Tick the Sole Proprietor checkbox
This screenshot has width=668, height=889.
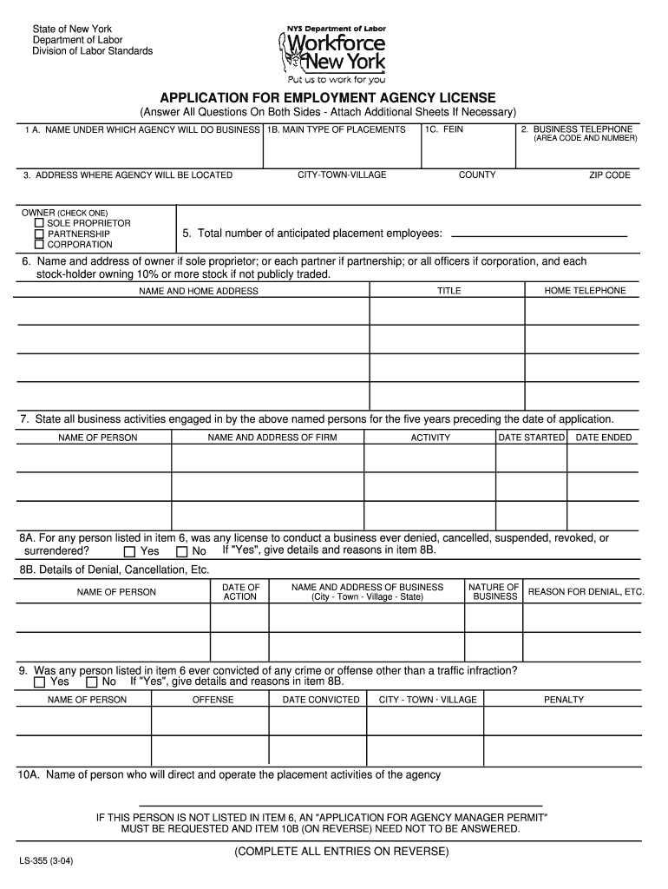tap(39, 223)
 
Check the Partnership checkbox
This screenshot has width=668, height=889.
tap(39, 234)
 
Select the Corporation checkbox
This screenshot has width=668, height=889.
tap(39, 244)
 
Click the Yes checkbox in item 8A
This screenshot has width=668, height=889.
tap(129, 551)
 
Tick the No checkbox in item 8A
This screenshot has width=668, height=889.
tap(181, 551)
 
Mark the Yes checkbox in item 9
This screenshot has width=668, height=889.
tap(39, 682)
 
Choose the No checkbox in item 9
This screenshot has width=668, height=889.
tap(92, 682)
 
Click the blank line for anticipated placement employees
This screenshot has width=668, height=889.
tap(539, 235)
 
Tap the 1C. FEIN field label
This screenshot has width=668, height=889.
tap(444, 129)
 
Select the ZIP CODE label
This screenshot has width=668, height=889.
tap(610, 175)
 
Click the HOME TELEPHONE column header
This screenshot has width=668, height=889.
tap(585, 291)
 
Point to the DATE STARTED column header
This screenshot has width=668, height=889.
tap(531, 438)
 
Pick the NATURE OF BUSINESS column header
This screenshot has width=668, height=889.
tap(494, 592)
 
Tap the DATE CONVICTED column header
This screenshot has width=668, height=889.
tap(321, 700)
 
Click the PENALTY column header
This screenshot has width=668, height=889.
tap(564, 700)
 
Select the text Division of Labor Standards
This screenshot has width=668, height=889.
tap(92, 51)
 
